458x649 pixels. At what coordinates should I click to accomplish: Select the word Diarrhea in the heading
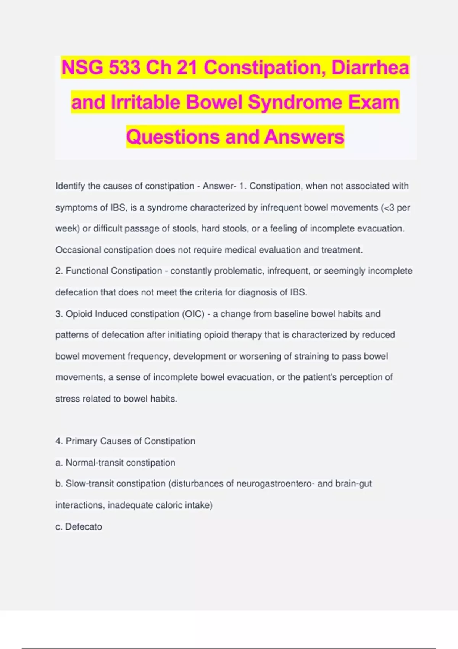[370, 68]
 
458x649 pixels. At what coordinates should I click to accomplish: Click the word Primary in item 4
[81, 441]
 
